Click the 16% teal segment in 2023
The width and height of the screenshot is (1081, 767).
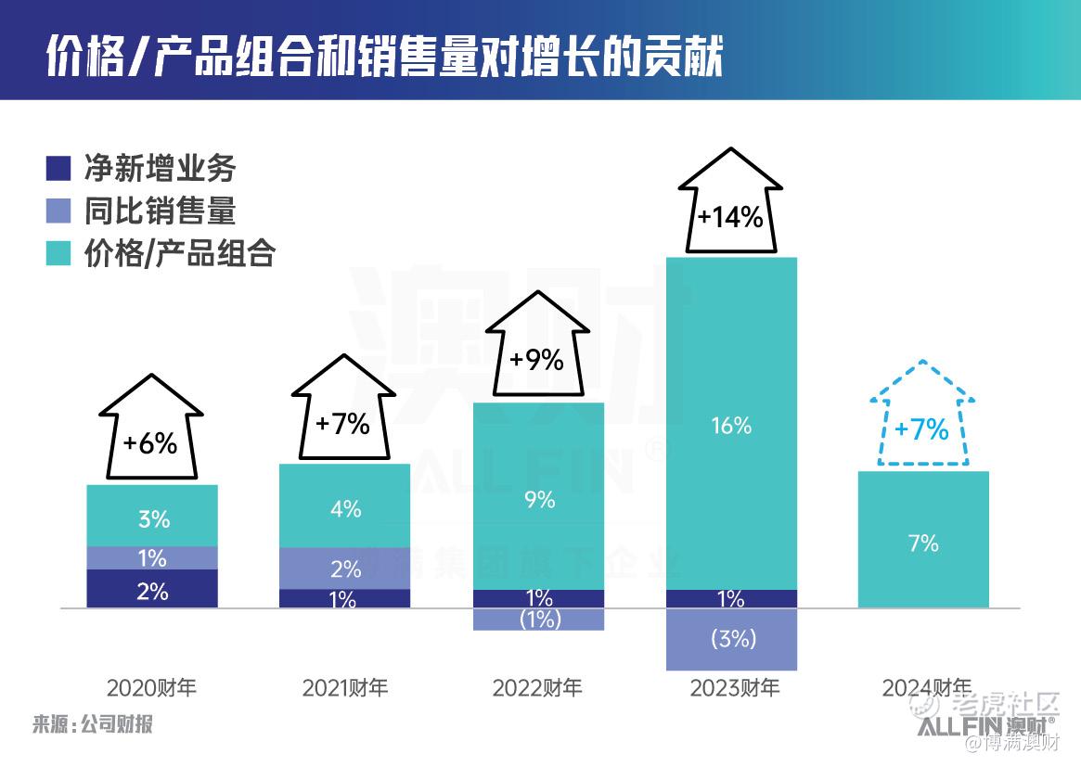click(731, 424)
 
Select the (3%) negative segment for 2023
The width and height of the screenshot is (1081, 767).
click(731, 639)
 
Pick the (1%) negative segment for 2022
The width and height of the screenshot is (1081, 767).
click(538, 620)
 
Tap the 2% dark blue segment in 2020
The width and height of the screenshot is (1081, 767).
click(152, 590)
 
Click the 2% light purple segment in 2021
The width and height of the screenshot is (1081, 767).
click(345, 568)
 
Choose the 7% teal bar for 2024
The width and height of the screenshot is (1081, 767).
click(923, 540)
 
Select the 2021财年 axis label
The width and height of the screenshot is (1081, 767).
click(345, 688)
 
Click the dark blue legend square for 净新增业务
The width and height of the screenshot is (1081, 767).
click(58, 169)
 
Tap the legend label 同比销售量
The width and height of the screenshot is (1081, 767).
click(160, 211)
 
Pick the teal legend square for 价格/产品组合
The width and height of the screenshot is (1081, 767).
click(58, 253)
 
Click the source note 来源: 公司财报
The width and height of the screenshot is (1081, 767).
click(92, 723)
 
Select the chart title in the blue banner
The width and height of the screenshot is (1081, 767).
click(383, 58)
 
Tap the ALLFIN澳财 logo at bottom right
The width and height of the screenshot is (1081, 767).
click(987, 726)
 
